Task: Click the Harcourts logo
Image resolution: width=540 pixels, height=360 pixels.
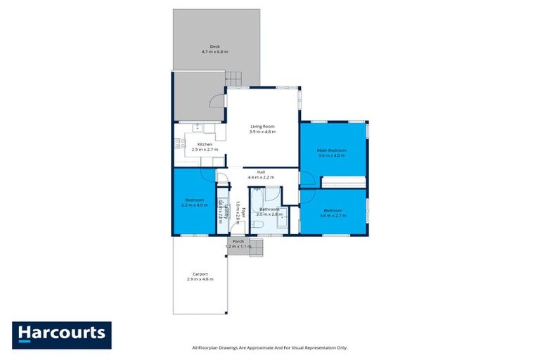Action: (x=62, y=333)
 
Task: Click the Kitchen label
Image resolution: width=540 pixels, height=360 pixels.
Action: (x=204, y=145)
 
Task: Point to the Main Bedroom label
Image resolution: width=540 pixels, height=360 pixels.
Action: (x=332, y=150)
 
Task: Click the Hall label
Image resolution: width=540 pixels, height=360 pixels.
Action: (x=260, y=172)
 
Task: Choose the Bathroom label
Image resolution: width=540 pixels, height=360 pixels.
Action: (x=269, y=209)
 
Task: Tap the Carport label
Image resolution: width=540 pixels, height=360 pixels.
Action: (x=200, y=274)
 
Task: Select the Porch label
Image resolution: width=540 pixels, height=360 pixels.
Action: (x=238, y=242)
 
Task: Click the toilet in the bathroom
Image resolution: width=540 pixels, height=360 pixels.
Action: (x=258, y=224)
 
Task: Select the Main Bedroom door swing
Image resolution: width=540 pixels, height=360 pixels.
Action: (x=307, y=179)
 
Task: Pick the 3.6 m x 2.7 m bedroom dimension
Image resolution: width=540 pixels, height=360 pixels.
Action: (x=333, y=215)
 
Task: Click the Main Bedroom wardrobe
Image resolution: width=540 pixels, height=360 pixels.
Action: (x=343, y=183)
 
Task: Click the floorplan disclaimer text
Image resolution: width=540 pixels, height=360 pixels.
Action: (x=270, y=347)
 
